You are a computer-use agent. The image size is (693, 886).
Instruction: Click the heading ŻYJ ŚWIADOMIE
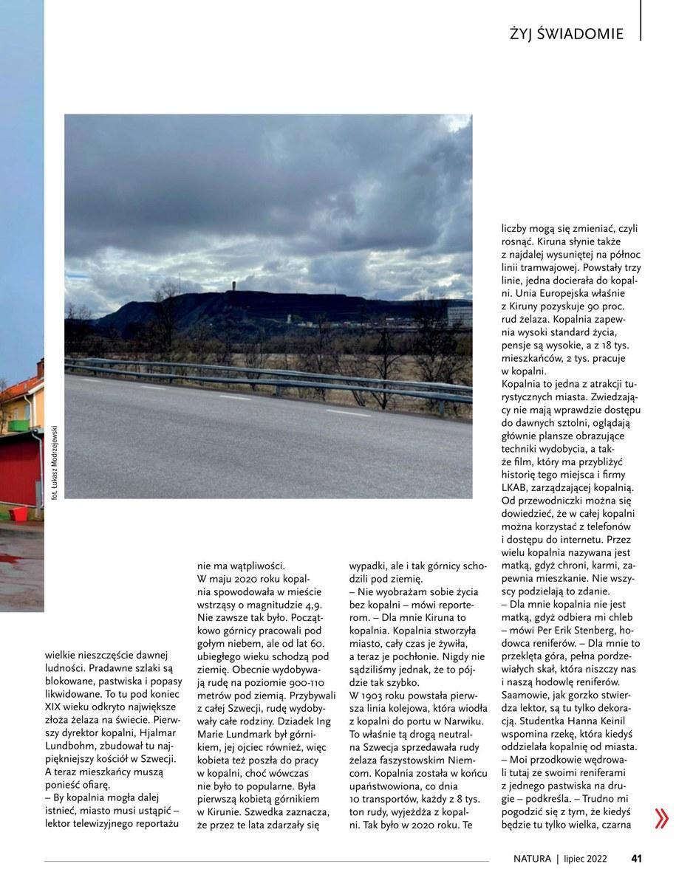click(566, 34)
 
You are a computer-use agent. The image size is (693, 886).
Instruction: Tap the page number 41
click(636, 859)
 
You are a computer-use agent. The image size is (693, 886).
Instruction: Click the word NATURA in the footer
click(533, 859)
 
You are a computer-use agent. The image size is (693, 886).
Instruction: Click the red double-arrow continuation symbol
click(661, 818)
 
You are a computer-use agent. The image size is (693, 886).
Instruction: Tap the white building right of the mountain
click(459, 316)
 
